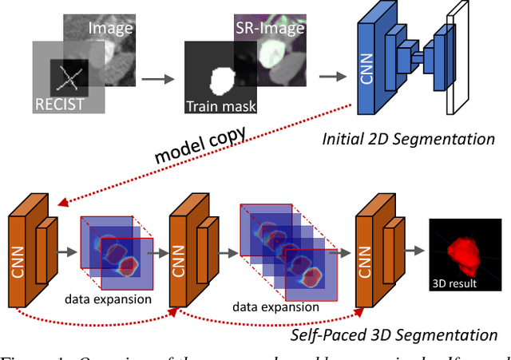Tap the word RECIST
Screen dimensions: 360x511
pos(59,103)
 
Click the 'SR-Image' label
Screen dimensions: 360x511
pos(270,28)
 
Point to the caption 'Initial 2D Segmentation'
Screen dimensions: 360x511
pos(408,139)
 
